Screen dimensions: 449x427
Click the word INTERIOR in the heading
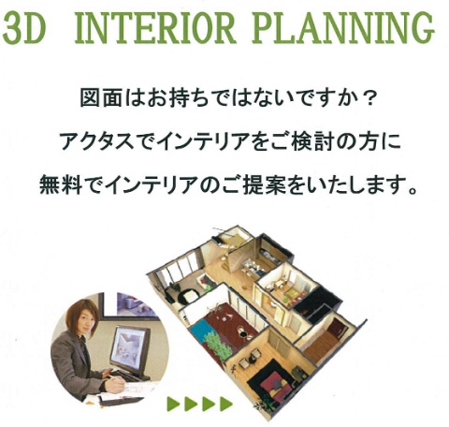pyautogui.click(x=154, y=28)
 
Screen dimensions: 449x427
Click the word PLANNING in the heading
pyautogui.click(x=343, y=28)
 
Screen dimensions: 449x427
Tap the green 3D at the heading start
pyautogui.click(x=24, y=28)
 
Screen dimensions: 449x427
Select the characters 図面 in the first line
pyautogui.click(x=101, y=98)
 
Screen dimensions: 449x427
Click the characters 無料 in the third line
pyautogui.click(x=61, y=185)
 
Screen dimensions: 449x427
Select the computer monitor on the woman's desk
pyautogui.click(x=130, y=348)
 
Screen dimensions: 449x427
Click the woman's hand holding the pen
pyautogui.click(x=116, y=385)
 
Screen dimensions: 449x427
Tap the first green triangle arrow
pyautogui.click(x=174, y=405)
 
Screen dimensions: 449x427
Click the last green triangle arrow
pyautogui.click(x=226, y=405)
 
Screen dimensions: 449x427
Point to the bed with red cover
pyautogui.click(x=272, y=383)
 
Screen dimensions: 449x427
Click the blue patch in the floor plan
pyautogui.click(x=200, y=330)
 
